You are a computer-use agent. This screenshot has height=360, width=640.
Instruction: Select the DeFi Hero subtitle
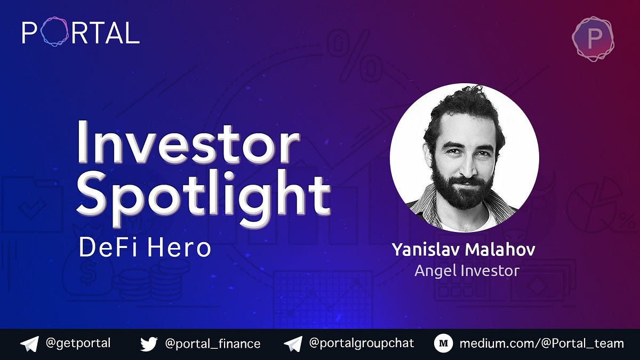[x=145, y=248]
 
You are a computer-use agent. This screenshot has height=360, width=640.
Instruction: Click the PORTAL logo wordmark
[x=81, y=33]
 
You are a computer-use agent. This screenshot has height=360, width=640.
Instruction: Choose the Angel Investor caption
[x=467, y=270]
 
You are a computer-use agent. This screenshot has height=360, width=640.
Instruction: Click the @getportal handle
[x=78, y=343]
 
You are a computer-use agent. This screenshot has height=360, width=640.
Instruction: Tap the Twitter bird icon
[x=149, y=344]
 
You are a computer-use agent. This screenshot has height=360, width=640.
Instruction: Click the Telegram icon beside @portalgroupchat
[x=293, y=344]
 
